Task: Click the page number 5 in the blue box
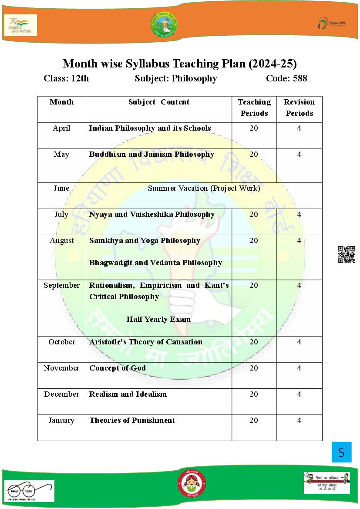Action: [x=341, y=452]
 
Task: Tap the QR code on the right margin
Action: [x=346, y=254]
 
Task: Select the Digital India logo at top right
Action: [x=332, y=23]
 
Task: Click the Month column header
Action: [x=61, y=102]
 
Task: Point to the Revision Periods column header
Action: [x=299, y=108]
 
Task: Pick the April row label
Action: [x=61, y=128]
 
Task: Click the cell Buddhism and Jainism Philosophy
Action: [x=151, y=154]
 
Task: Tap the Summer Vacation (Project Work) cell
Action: [x=204, y=188]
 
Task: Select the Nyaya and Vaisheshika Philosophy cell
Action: [x=151, y=214]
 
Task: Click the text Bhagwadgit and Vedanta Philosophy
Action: [x=155, y=263]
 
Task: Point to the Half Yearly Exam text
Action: [x=158, y=319]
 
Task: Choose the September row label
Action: [x=61, y=285]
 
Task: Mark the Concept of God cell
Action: [x=118, y=368]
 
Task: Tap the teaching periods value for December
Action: [x=254, y=394]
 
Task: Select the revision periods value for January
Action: [x=299, y=420]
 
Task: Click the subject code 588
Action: [x=299, y=78]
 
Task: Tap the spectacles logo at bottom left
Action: [x=29, y=490]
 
